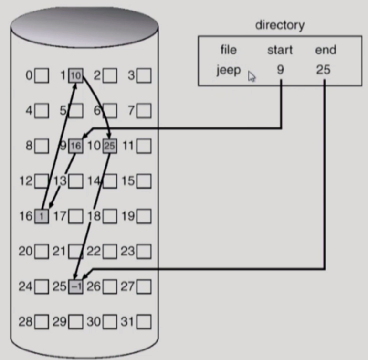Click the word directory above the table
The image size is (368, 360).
tap(279, 25)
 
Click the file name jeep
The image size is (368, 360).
tap(228, 70)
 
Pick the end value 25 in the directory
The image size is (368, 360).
tap(323, 70)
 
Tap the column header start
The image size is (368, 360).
tap(279, 50)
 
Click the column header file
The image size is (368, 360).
tap(228, 50)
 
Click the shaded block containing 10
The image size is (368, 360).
tap(76, 75)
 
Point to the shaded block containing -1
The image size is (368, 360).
tap(76, 287)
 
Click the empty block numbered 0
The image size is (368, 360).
tap(42, 75)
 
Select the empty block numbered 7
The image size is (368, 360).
tap(144, 111)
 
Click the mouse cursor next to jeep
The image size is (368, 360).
tap(252, 77)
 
